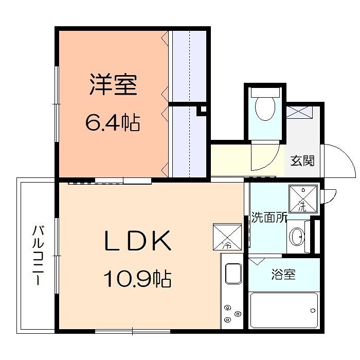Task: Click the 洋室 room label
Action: [113, 86]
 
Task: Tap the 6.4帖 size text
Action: [113, 123]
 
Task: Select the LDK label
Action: [137, 241]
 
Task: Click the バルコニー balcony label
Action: [38, 256]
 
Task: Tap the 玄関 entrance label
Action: [302, 160]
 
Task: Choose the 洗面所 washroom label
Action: [268, 218]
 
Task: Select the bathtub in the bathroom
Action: [284, 310]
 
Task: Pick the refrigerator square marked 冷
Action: [227, 237]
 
